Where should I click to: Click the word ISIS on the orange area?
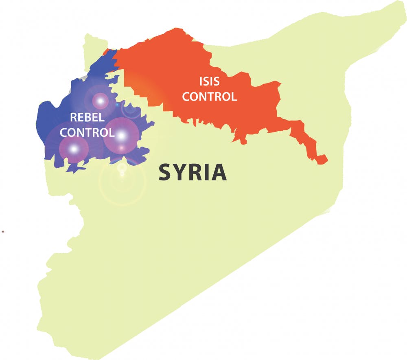tap(209, 81)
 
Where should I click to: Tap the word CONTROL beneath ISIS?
tap(209, 97)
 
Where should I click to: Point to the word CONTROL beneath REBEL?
tap(90, 132)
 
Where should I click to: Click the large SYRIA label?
tap(192, 172)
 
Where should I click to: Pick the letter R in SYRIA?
tap(195, 172)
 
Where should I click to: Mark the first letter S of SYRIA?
tap(165, 172)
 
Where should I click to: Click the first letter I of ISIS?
tap(201, 81)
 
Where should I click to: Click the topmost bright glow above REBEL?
tap(100, 100)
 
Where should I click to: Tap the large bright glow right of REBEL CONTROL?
tap(121, 135)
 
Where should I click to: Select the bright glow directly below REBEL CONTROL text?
tap(74, 149)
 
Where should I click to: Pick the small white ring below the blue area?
tap(121, 167)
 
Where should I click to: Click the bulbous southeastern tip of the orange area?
tap(322, 159)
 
